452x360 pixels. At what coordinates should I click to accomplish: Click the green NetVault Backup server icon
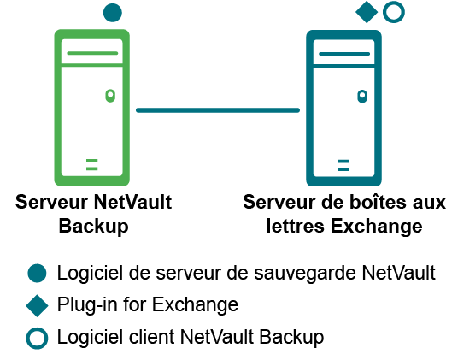pos(57,107)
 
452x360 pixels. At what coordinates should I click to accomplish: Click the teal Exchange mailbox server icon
pos(309,108)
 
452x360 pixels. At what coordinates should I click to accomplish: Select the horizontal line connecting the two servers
pos(218,110)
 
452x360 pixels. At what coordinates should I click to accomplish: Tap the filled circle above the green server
pos(113,13)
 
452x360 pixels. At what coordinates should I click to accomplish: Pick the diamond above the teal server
pos(367,12)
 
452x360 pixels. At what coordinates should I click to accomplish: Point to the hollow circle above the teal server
pos(394,3)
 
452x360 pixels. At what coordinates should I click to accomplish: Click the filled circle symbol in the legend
pos(37,273)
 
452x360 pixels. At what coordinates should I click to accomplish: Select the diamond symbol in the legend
pos(37,306)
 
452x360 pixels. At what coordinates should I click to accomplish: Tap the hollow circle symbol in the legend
pos(37,330)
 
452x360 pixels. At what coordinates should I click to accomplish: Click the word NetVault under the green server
pos(133,202)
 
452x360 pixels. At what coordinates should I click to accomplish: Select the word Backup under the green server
pos(94,226)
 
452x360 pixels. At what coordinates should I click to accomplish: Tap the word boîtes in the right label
pos(379,202)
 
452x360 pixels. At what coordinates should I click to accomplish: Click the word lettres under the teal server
pos(296,226)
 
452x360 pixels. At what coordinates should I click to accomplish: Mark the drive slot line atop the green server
pos(92,53)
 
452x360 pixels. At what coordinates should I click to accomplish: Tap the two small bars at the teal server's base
pos(343,165)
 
